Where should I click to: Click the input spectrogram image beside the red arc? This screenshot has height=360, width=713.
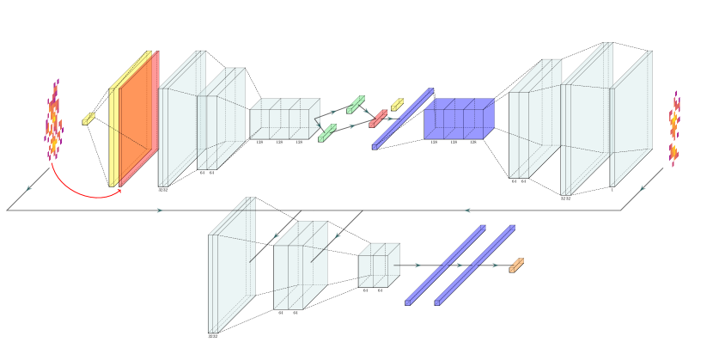(x=54, y=120)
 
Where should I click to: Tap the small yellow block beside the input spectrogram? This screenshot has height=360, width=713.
(x=88, y=119)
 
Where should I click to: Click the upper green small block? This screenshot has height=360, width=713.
(x=356, y=104)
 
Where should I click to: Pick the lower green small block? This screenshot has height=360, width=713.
(x=327, y=132)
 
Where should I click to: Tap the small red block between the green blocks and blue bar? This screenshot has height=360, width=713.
(x=378, y=119)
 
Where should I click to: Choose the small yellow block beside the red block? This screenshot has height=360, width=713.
(x=398, y=104)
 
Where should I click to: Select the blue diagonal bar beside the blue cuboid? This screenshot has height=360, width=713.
(x=403, y=119)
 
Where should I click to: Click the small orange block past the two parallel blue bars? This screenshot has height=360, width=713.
(x=516, y=265)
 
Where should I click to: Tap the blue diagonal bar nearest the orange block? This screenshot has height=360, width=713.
(x=475, y=265)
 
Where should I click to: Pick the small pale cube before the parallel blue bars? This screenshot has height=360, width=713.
(x=378, y=265)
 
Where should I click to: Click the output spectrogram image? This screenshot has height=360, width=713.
(x=674, y=129)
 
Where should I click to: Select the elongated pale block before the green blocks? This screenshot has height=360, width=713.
(x=283, y=119)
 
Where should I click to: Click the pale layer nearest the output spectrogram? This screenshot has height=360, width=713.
(x=631, y=120)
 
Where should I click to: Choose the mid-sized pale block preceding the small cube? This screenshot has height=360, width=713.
(x=299, y=266)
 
